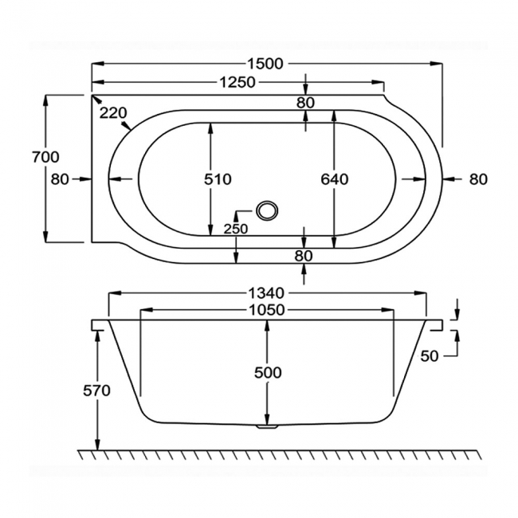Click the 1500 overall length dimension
(265, 64)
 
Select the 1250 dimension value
(237, 81)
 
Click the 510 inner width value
(218, 179)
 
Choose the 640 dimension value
(335, 179)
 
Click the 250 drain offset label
(237, 230)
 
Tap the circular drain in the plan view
(267, 210)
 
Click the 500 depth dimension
(267, 372)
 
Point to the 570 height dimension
(97, 390)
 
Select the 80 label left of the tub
(60, 179)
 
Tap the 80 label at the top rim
(306, 102)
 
